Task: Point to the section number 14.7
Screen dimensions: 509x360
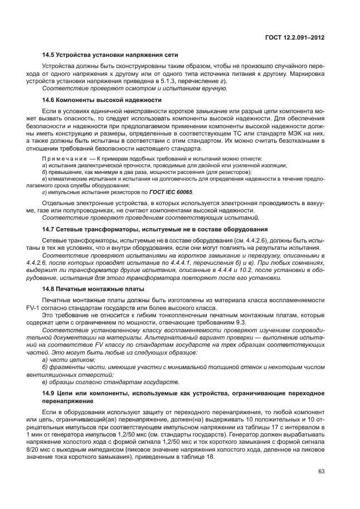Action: [x=50, y=229]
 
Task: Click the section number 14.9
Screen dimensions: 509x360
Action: [x=50, y=394]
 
